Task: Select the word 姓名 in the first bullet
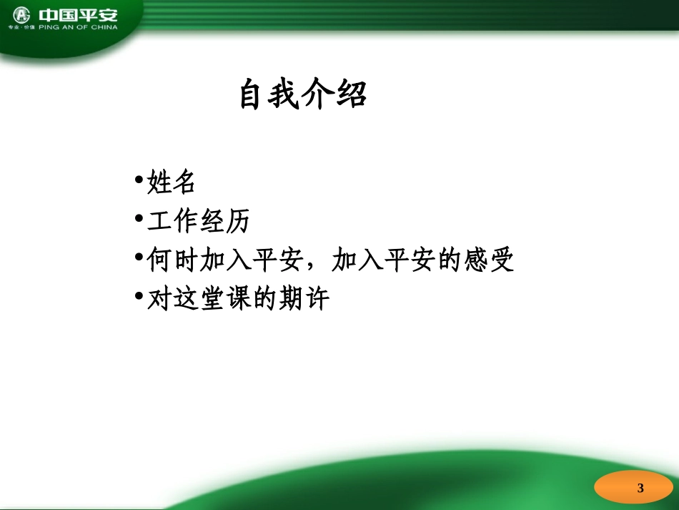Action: (x=172, y=182)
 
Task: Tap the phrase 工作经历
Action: (x=198, y=222)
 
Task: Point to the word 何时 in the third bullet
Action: (x=172, y=260)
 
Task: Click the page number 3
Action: (x=640, y=489)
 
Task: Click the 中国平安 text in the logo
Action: (x=78, y=15)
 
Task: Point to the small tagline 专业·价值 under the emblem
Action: (x=22, y=28)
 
